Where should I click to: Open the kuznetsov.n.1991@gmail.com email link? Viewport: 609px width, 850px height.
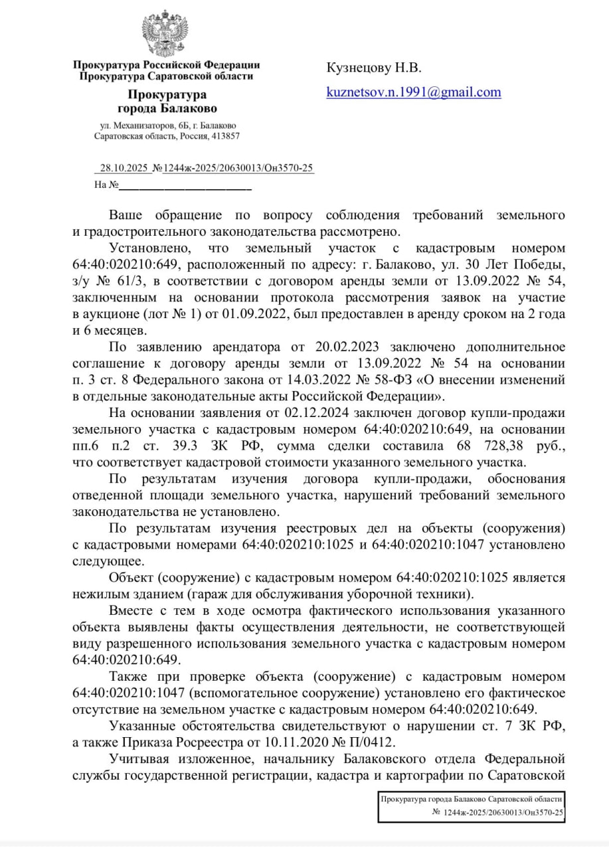coord(413,92)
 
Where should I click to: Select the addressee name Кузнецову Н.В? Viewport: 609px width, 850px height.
coord(373,68)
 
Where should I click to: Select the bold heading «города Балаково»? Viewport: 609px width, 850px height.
coord(167,108)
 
